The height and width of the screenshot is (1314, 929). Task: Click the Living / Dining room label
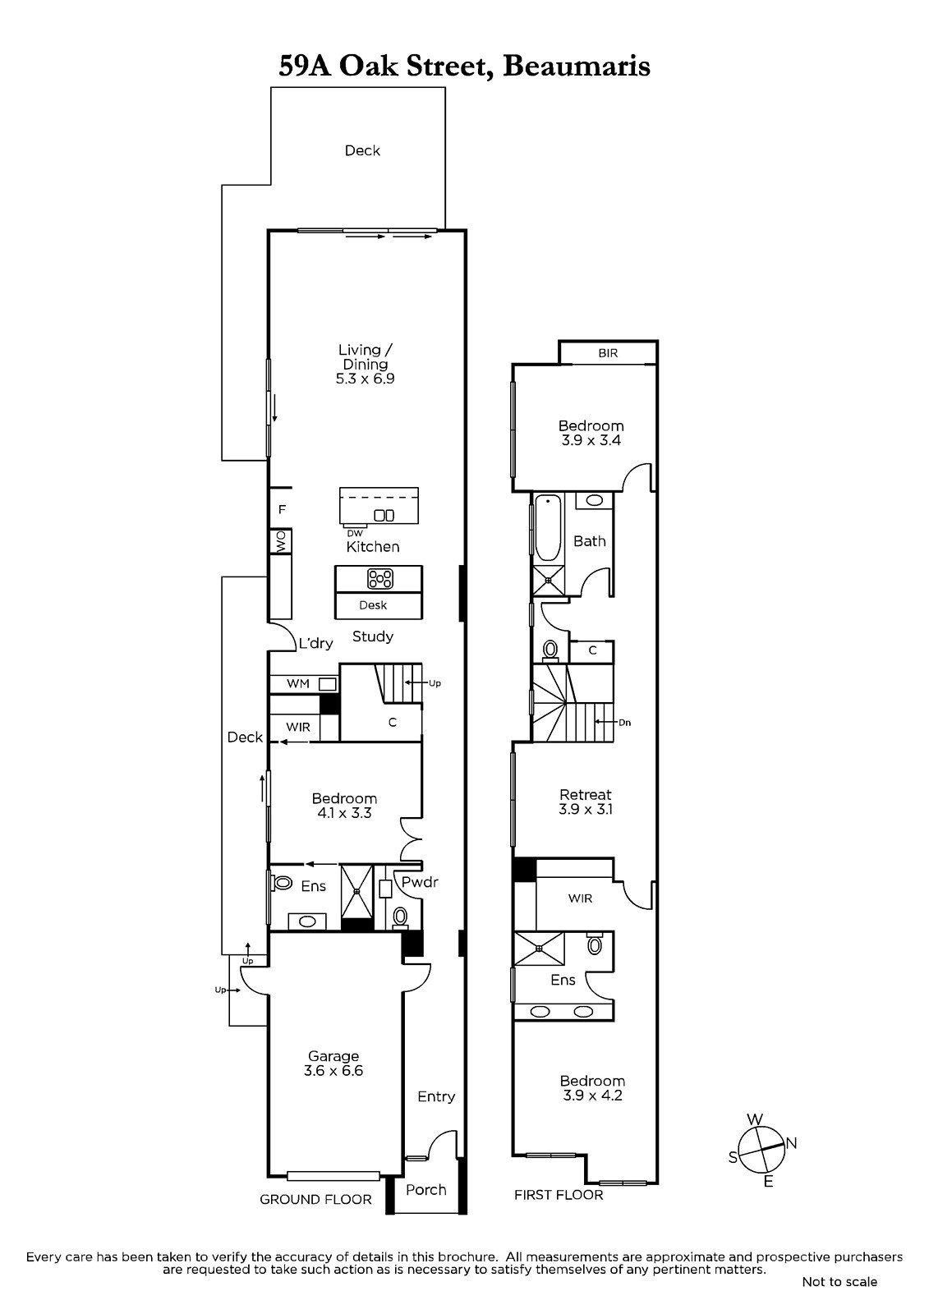(x=365, y=365)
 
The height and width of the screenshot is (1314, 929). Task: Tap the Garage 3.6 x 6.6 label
(x=333, y=1064)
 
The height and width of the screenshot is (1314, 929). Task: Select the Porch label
(x=426, y=1190)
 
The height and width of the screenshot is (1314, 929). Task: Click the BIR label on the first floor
(x=608, y=353)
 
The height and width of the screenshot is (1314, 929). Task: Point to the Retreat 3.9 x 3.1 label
(x=585, y=802)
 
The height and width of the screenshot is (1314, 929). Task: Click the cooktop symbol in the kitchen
(x=379, y=579)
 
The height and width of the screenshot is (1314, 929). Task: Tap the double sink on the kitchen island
(x=384, y=516)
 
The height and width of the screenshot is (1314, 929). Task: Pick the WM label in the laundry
(x=297, y=683)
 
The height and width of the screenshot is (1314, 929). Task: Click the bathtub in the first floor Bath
(x=549, y=528)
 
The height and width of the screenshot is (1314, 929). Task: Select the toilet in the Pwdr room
(x=401, y=917)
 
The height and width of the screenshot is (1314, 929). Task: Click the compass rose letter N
(x=791, y=1142)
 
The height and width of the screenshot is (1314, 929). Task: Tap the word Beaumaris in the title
(x=577, y=67)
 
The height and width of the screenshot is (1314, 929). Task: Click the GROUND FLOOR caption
(x=315, y=1200)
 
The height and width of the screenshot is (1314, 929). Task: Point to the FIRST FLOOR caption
(x=559, y=1195)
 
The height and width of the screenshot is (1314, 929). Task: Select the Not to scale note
(x=839, y=1282)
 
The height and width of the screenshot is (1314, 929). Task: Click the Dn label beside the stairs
(x=624, y=723)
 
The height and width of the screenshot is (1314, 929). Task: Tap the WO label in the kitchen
(x=281, y=541)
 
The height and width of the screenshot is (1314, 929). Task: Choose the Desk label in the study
(x=373, y=604)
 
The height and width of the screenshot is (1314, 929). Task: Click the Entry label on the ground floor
(x=436, y=1096)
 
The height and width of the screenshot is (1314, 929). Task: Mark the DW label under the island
(x=355, y=533)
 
